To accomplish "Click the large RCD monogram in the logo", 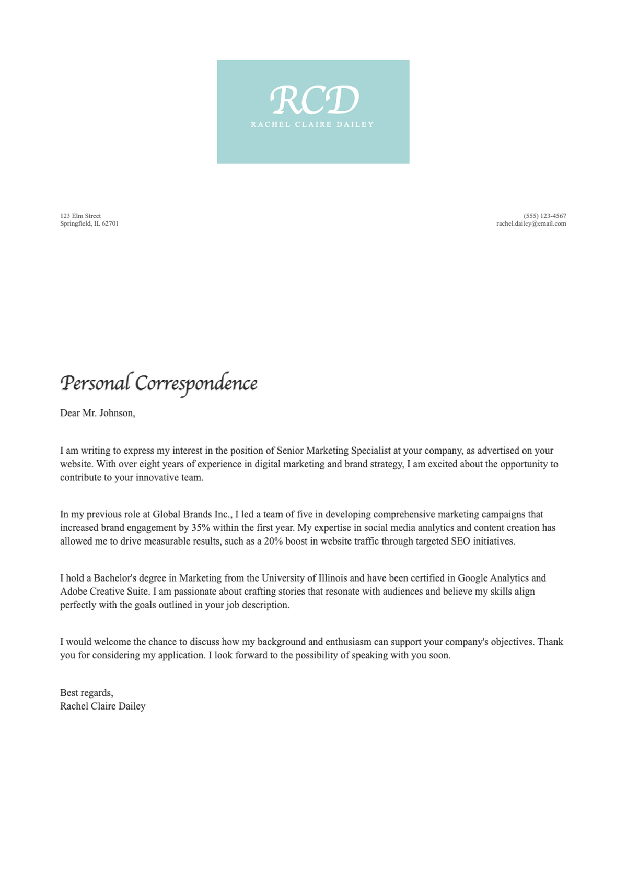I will (315, 100).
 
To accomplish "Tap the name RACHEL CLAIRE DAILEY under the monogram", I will (312, 124).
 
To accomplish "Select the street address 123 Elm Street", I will (80, 216).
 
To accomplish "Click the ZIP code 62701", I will (110, 223).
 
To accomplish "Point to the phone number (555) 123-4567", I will (544, 216).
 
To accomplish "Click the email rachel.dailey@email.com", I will (531, 223).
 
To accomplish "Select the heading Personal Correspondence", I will (159, 383).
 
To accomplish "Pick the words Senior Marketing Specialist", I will (334, 451).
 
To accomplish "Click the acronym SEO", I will (460, 541).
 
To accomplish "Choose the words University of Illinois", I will (304, 578).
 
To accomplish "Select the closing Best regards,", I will (87, 693).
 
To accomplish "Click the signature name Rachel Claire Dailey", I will (103, 706).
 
